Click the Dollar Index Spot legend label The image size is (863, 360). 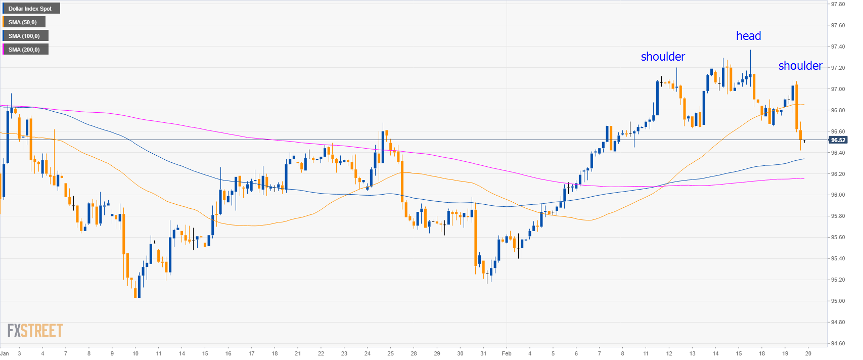click(x=30, y=9)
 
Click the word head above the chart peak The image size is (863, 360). click(x=748, y=36)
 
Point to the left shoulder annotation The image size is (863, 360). click(x=663, y=57)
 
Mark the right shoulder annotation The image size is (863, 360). click(x=800, y=66)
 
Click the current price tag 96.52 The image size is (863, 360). click(x=838, y=140)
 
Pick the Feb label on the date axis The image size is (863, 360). click(x=507, y=353)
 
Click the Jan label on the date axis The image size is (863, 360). click(x=5, y=353)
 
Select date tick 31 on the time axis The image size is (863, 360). click(x=483, y=353)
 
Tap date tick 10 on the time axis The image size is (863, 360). click(x=135, y=353)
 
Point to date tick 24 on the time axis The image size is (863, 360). click(x=368, y=353)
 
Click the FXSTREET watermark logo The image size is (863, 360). click(x=35, y=331)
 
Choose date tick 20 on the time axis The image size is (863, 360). click(x=808, y=353)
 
